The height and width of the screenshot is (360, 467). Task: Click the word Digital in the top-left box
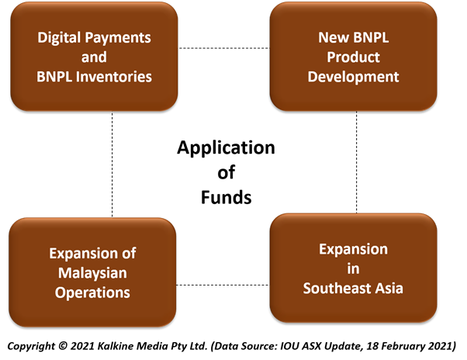click(59, 39)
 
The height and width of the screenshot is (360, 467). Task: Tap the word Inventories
click(114, 77)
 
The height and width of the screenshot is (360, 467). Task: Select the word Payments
click(118, 38)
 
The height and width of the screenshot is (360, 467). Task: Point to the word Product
click(353, 57)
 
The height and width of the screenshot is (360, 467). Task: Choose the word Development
click(353, 77)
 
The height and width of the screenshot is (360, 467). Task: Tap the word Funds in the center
click(227, 197)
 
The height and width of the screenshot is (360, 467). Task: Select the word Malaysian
click(92, 273)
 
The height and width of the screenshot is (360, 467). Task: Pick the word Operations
click(92, 293)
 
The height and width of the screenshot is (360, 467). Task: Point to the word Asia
click(389, 289)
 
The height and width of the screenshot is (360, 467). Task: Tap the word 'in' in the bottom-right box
click(353, 269)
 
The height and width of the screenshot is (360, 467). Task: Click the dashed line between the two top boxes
click(223, 48)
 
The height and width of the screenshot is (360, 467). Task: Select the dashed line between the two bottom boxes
click(222, 285)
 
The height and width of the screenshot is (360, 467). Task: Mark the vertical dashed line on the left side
click(112, 164)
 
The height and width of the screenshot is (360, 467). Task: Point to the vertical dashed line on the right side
click(357, 162)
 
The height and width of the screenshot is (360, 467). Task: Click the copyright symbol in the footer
click(63, 346)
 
